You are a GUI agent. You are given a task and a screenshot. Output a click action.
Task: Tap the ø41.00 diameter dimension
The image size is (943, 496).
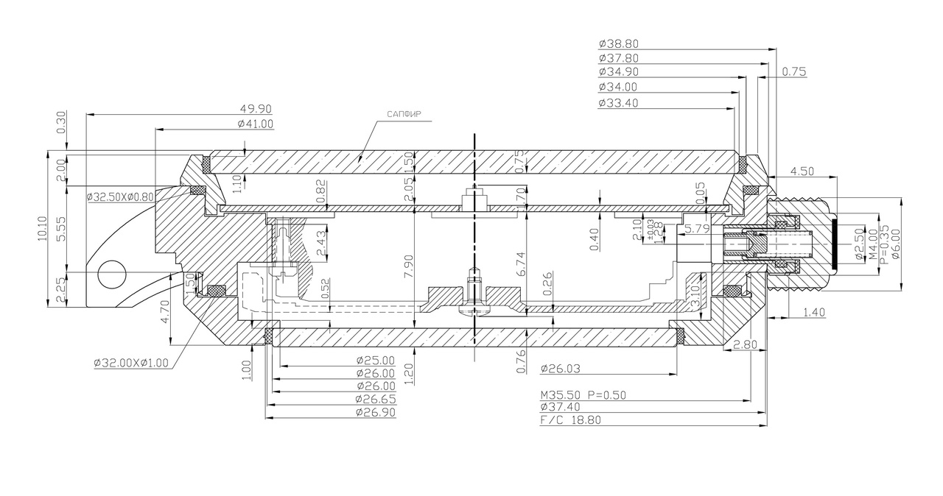255,124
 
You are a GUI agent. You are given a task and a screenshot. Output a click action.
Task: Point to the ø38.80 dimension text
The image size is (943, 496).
619,43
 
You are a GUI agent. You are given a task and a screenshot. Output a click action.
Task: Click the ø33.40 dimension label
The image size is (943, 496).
619,102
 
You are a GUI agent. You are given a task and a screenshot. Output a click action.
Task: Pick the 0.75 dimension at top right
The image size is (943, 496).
794,71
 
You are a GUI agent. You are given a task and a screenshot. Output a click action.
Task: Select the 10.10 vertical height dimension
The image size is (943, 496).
43,228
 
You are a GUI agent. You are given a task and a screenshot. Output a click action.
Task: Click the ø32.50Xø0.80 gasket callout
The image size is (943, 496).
120,197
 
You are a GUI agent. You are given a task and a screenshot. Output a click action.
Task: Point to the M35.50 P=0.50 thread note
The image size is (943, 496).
583,394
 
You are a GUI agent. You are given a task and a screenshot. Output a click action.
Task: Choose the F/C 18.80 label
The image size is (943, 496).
570,421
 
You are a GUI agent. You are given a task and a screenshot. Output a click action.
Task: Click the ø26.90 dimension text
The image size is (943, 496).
376,412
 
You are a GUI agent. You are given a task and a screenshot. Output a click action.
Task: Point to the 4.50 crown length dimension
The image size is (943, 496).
802,171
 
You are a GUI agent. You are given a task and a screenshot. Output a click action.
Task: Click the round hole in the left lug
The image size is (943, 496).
113,274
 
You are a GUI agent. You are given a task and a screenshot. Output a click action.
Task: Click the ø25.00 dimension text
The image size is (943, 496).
376,361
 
